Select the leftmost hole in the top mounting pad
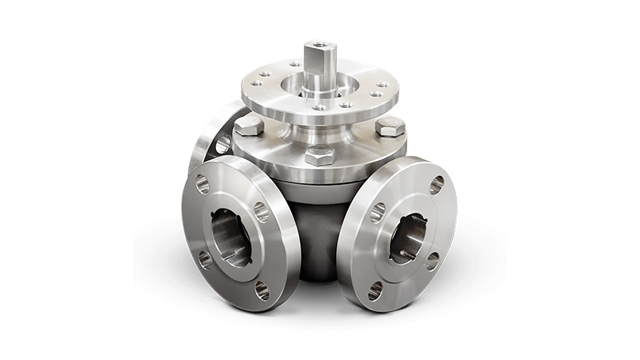pos(259,82)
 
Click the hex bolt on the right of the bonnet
pos(390,126)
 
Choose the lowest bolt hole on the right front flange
pos(375,290)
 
